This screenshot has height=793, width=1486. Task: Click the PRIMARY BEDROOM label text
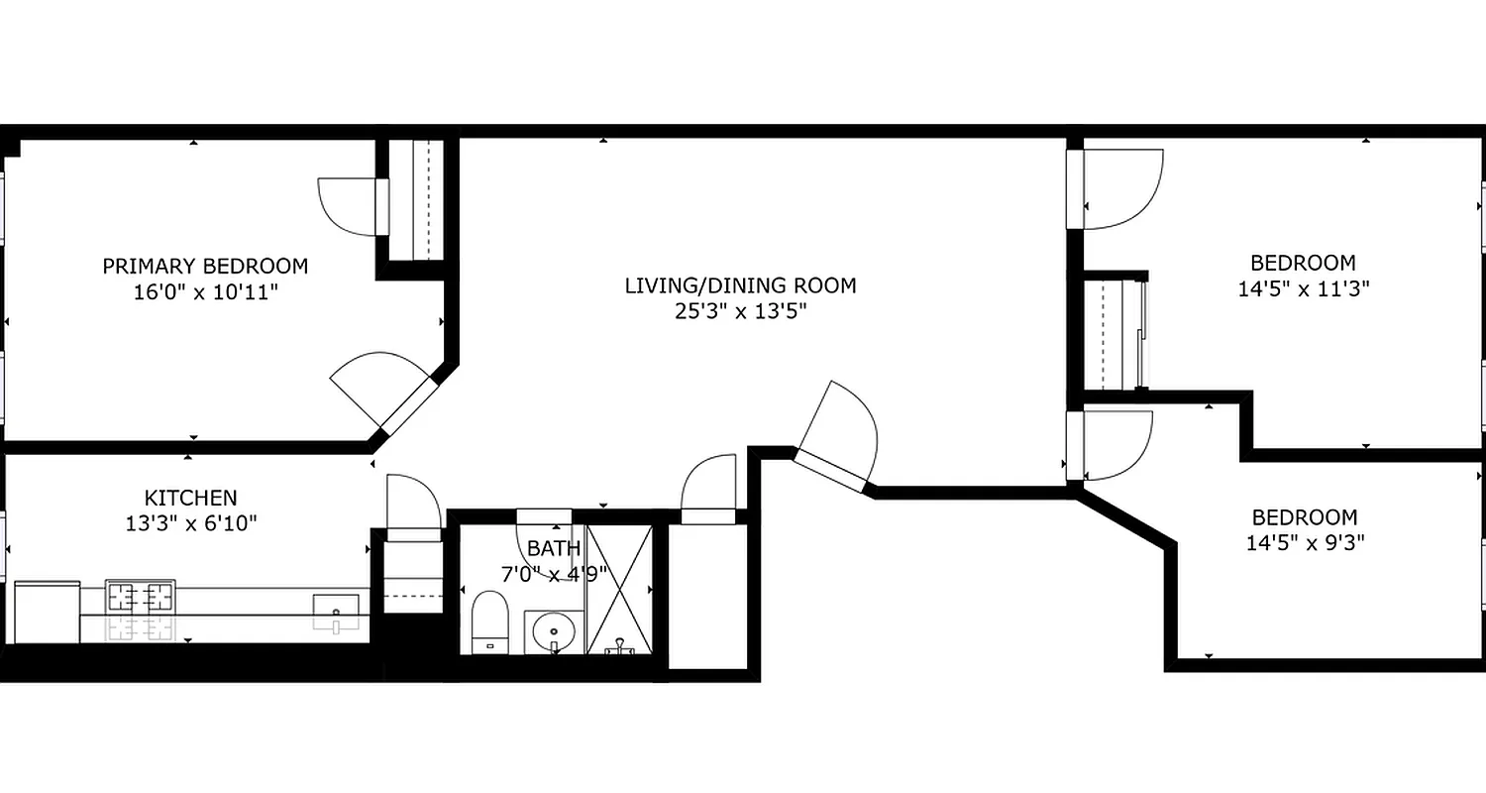[205, 266]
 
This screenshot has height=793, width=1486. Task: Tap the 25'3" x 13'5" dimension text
[740, 311]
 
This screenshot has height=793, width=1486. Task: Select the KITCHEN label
[191, 498]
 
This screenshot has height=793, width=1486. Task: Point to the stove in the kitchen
[141, 598]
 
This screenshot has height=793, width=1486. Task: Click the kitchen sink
[336, 606]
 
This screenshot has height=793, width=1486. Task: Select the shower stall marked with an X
[619, 589]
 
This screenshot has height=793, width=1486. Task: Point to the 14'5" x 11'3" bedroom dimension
[1303, 288]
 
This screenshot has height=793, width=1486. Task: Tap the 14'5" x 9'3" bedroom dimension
[1303, 543]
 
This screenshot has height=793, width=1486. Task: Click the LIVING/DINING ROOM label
[740, 285]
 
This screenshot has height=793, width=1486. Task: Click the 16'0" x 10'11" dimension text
[205, 292]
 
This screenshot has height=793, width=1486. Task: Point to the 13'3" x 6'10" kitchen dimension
[191, 523]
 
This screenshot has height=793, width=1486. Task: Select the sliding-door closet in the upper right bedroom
[1113, 337]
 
